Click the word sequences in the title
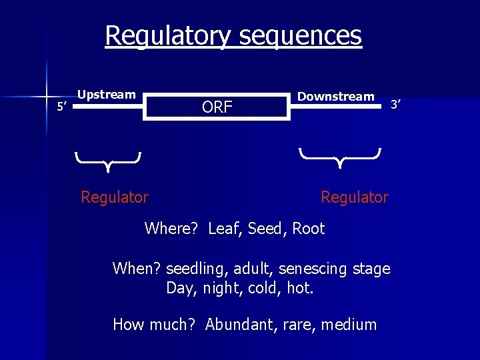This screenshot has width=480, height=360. click(x=299, y=35)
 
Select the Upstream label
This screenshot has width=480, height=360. click(x=107, y=95)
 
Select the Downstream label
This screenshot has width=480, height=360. click(x=336, y=97)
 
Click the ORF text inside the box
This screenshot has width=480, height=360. click(x=217, y=107)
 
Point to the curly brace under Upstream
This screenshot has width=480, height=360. click(x=107, y=159)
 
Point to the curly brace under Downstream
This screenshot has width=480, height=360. click(x=340, y=157)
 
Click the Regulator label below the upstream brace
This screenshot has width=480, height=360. click(x=115, y=197)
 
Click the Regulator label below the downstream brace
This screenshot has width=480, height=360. click(x=354, y=197)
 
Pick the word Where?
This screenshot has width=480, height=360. click(x=171, y=229)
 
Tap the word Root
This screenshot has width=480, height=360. click(x=308, y=229)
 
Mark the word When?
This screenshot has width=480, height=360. click(x=137, y=269)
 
